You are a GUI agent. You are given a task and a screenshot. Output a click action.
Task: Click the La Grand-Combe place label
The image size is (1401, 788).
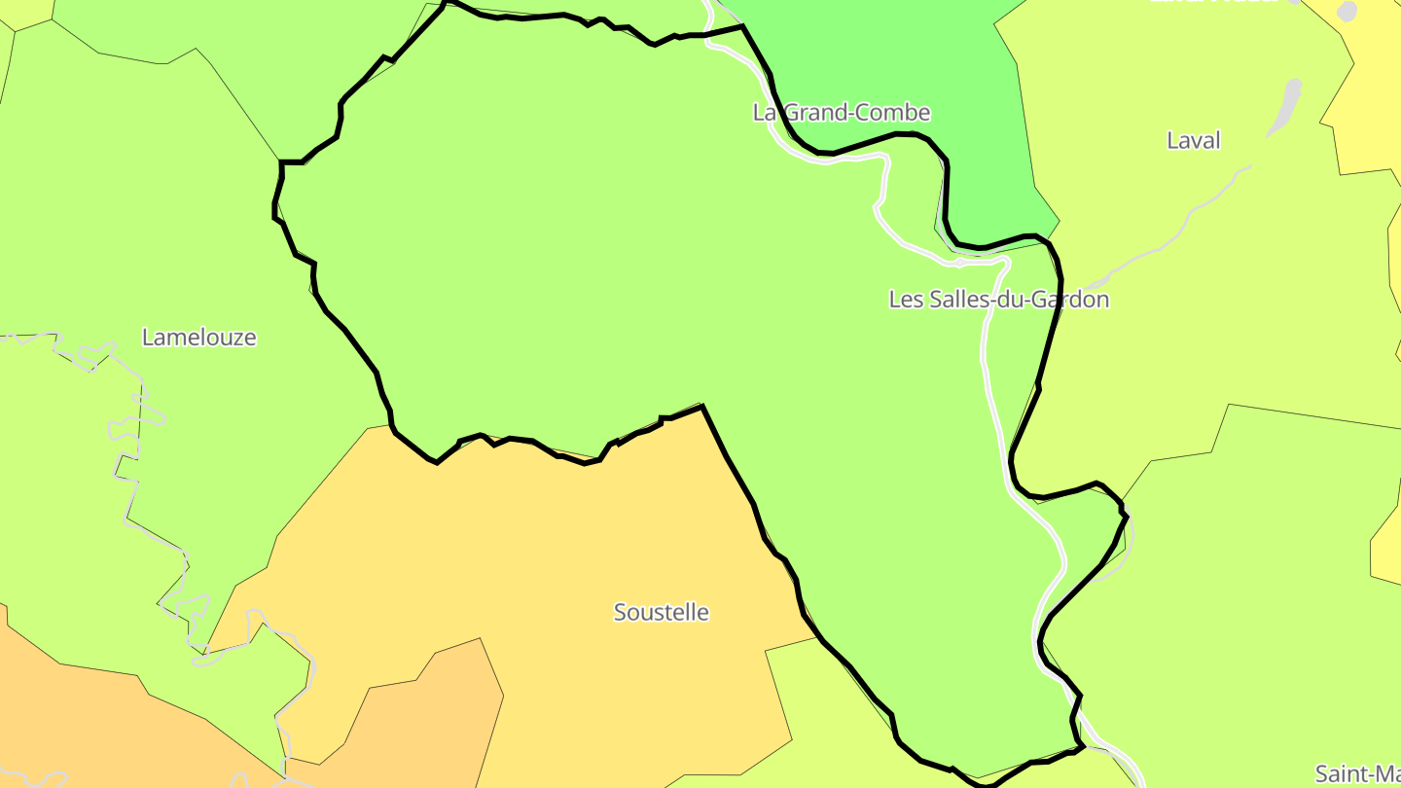(842, 113)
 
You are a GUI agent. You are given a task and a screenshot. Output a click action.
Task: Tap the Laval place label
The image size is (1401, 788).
(1193, 141)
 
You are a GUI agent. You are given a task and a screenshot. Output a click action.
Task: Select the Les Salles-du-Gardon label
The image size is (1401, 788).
(998, 300)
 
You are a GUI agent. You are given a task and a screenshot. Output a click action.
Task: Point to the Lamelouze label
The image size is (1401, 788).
(199, 338)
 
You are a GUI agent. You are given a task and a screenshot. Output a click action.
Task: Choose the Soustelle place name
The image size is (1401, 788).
(661, 613)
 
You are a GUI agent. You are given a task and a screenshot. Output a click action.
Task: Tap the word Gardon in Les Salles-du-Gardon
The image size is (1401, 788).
(1067, 300)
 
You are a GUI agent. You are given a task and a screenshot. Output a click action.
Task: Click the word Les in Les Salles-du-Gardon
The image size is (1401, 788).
(905, 300)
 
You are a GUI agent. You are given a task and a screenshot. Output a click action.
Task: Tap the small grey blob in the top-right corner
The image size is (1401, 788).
(1347, 11)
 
